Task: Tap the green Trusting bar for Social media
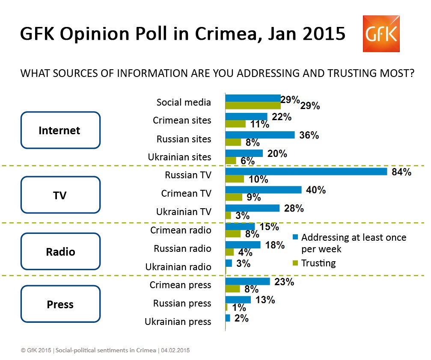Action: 253,106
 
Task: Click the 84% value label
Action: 401,172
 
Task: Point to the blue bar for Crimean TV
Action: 263,189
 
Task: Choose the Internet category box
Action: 60,130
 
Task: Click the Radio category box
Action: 60,251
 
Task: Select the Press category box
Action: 60,304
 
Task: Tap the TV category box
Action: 60,195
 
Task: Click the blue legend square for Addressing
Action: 295,237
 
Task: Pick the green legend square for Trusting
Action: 295,262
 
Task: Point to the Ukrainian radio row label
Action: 178,267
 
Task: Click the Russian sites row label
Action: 184,139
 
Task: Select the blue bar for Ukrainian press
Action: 228,318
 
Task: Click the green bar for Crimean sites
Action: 235,124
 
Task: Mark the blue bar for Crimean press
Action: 247,281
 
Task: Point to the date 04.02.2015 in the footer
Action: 175,350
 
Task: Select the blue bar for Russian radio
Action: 243,245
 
